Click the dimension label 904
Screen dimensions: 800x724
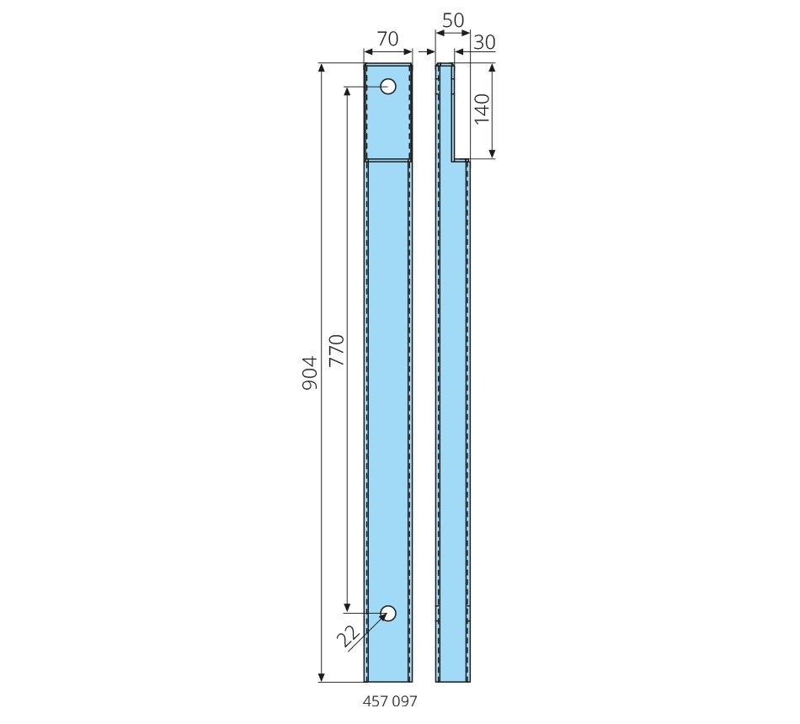[x=310, y=373]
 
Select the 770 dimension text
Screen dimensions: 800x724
[x=337, y=350]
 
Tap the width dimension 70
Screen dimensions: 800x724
[x=387, y=39]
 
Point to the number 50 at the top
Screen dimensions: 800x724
[x=453, y=20]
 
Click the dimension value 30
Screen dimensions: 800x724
[x=484, y=42]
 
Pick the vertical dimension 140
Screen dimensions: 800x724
[x=483, y=108]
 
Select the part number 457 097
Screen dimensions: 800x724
[x=390, y=701]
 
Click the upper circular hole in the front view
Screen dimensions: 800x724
[x=388, y=86]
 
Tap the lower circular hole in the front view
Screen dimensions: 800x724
[x=388, y=613]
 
